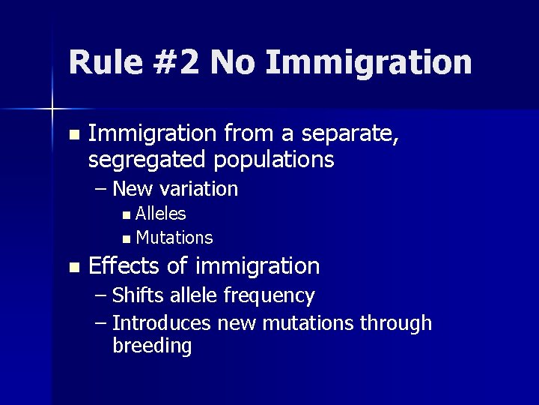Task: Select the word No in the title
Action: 234,63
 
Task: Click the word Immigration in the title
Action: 368,63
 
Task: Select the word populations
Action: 273,160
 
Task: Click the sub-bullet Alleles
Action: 161,214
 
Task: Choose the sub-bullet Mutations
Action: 174,238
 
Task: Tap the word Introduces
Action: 162,323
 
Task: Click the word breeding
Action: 152,346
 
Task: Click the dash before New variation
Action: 101,189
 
